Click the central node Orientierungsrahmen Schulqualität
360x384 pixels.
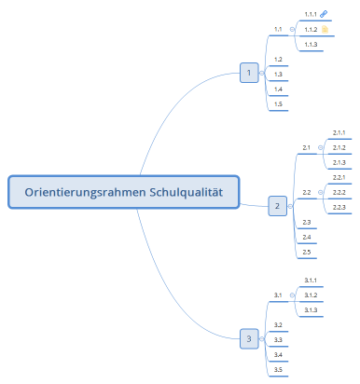point(124,193)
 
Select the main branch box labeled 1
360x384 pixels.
point(249,73)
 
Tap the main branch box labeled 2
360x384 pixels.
point(277,206)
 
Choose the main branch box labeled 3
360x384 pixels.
point(248,338)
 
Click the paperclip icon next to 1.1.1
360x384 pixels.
point(324,14)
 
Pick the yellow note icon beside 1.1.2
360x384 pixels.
point(324,30)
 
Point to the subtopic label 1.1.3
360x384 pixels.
point(311,45)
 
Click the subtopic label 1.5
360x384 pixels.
point(278,104)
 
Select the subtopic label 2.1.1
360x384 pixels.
point(339,133)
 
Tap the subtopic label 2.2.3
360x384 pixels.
point(339,207)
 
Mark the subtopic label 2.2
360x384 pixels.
point(306,192)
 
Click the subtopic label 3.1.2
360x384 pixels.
point(311,295)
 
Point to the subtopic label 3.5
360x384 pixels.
point(278,369)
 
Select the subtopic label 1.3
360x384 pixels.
point(278,74)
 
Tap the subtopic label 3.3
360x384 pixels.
point(278,339)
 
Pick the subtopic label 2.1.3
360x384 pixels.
point(339,162)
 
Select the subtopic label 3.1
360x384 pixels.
point(278,295)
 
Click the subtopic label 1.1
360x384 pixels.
point(278,29)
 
